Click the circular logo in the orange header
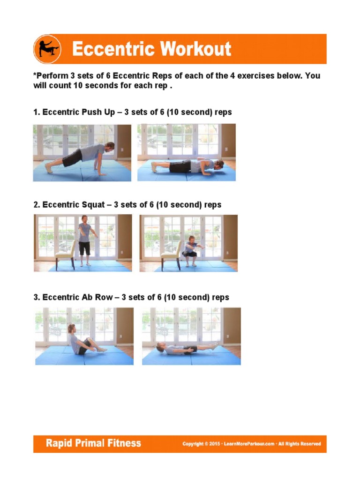(x=47, y=49)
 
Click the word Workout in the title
(x=196, y=49)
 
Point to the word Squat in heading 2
(x=93, y=205)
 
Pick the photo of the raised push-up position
(x=82, y=153)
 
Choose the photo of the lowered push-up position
(x=187, y=152)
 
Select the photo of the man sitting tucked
(x=84, y=336)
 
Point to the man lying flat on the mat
(x=187, y=348)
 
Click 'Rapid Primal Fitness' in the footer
(x=93, y=443)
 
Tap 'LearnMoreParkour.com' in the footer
(x=249, y=444)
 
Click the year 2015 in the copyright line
(x=215, y=444)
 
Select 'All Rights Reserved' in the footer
(x=300, y=444)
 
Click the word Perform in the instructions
(x=52, y=75)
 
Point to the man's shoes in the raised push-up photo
(x=49, y=168)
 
